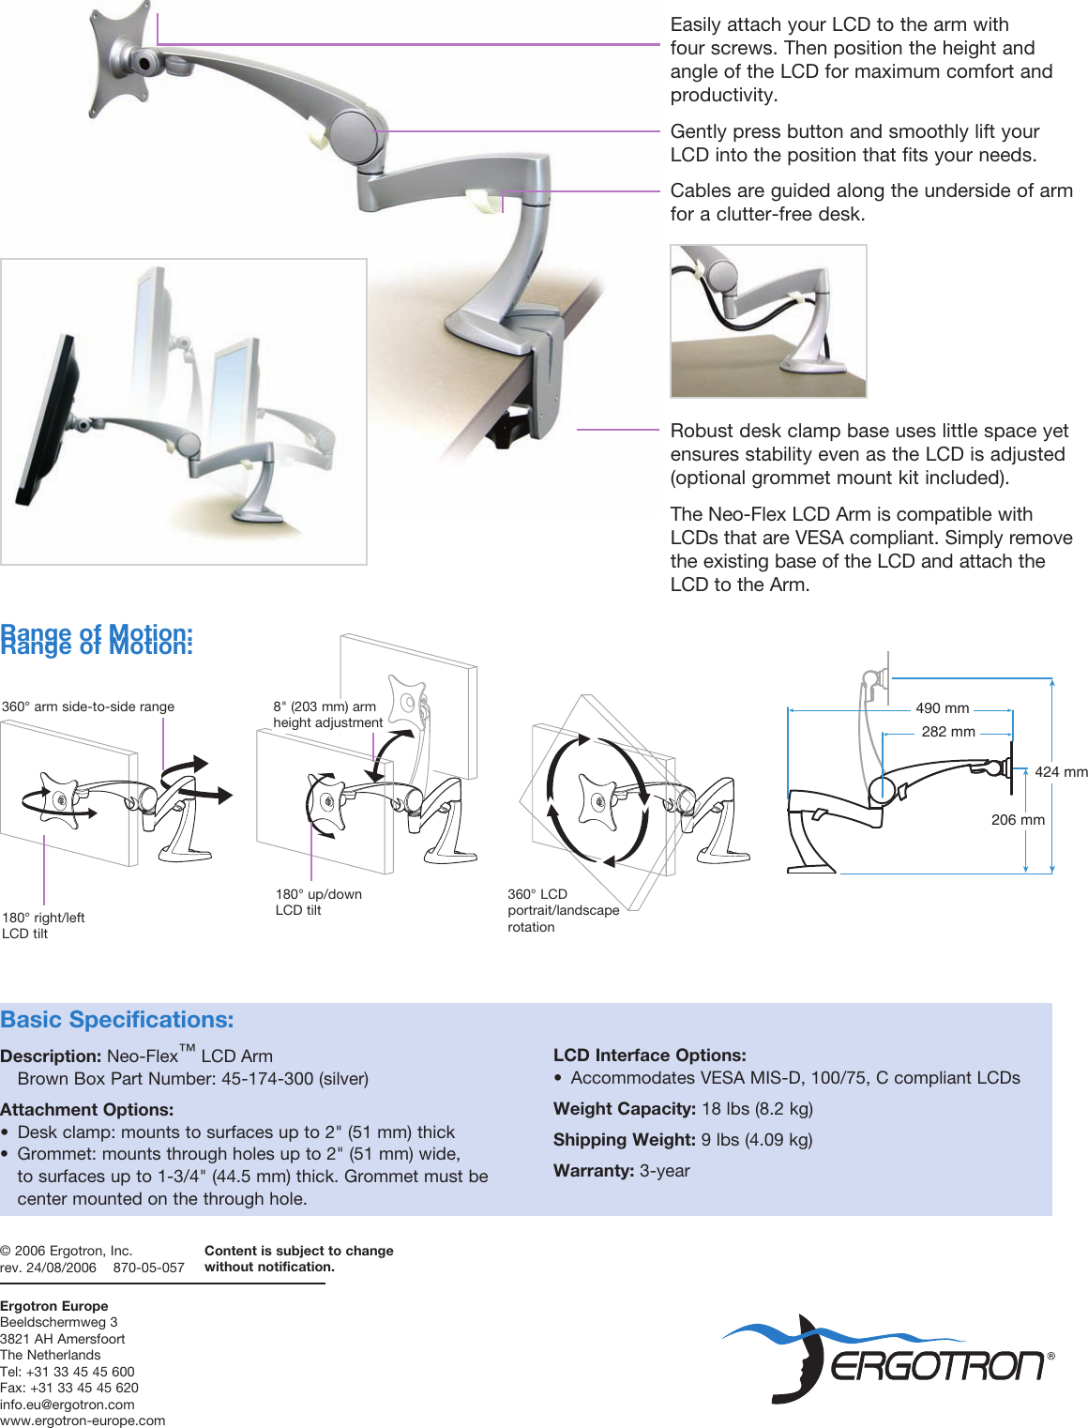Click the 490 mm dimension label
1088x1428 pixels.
[942, 708]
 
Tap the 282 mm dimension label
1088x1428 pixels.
[947, 732]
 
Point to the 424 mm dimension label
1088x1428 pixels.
[1061, 772]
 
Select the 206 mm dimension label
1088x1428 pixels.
[1018, 820]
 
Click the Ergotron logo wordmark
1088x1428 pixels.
[937, 1366]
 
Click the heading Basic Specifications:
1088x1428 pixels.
[117, 1020]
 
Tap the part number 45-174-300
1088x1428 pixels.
[266, 1079]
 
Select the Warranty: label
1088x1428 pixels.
[595, 1171]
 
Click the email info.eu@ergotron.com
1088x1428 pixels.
[68, 1405]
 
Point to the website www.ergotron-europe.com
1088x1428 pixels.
[83, 1420]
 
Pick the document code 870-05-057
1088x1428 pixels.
[149, 1268]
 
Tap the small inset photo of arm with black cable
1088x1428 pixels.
[768, 321]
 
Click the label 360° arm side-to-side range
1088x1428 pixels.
[88, 706]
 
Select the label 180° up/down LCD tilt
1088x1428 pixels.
[318, 902]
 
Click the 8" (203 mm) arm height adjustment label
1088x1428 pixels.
[327, 714]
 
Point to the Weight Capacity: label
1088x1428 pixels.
[624, 1109]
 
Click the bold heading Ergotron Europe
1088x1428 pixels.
[54, 1306]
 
